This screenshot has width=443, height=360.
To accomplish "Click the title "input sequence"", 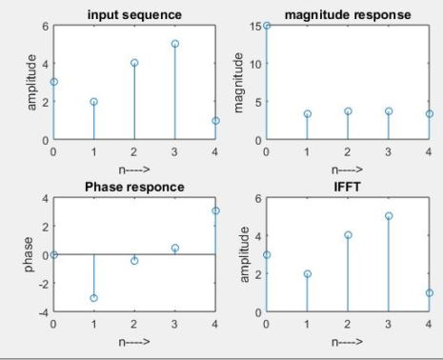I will [134, 15].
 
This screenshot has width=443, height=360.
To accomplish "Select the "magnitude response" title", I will [348, 15].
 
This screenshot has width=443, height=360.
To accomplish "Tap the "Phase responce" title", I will [134, 187].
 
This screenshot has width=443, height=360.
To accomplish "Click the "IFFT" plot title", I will [348, 187].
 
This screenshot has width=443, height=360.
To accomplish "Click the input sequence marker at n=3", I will [175, 44].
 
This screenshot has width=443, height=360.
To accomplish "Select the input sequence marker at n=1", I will [94, 101].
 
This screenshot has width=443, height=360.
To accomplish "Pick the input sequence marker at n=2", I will [134, 63].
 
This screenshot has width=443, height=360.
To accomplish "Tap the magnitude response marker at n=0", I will [268, 26].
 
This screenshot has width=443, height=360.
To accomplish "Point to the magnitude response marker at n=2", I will [348, 111].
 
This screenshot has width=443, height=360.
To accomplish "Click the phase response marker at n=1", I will [94, 298].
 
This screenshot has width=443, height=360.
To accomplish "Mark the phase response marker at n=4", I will [215, 210].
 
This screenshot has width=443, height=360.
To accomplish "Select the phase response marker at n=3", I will [175, 248].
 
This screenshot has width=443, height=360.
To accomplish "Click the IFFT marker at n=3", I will [389, 216].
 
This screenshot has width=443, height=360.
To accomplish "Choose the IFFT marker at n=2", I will [348, 234].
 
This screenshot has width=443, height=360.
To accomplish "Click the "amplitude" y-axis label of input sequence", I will [31, 82].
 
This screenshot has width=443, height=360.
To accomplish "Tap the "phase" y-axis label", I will [29, 254].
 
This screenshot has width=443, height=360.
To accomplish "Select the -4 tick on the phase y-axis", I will [42, 311].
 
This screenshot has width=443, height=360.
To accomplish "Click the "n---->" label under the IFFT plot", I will [348, 340].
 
